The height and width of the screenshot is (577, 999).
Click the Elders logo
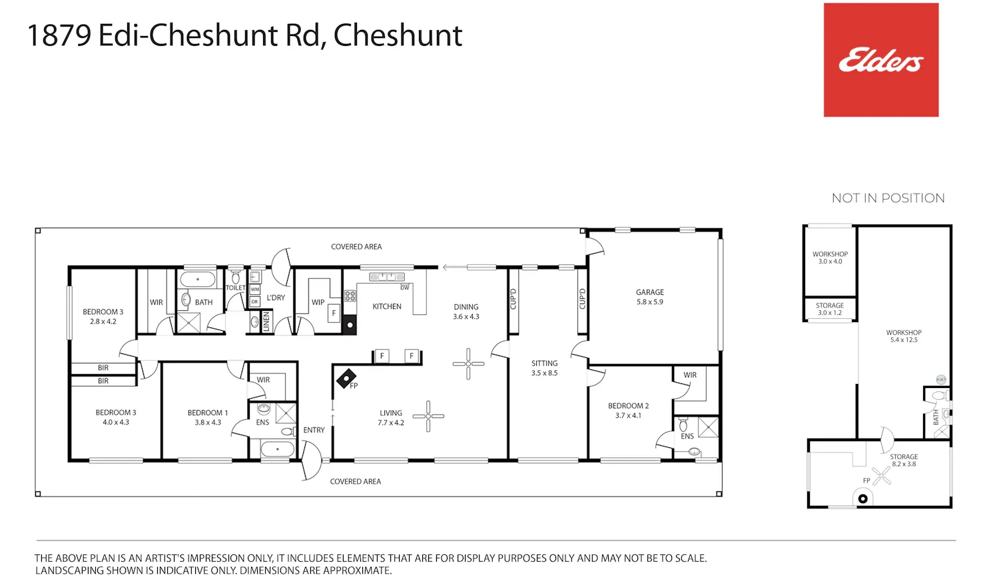click(x=881, y=60)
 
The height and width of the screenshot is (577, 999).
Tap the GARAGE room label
click(x=650, y=292)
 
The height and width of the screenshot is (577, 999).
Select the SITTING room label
click(x=545, y=363)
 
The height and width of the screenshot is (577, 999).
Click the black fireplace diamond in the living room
click(x=346, y=378)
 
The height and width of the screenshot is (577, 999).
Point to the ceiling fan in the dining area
click(x=468, y=364)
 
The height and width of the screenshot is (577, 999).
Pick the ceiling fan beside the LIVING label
click(x=428, y=416)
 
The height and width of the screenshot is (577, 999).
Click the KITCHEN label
click(x=387, y=307)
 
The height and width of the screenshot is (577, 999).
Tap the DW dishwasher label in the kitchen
click(x=404, y=288)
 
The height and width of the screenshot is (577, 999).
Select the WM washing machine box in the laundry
click(x=254, y=289)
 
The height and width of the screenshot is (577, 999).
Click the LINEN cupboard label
click(x=266, y=321)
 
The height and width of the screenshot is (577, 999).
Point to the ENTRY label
click(x=314, y=430)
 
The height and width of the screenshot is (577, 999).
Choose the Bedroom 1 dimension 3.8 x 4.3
click(x=208, y=423)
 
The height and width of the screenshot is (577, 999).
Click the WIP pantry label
click(x=318, y=303)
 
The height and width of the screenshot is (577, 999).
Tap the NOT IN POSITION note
click(x=888, y=198)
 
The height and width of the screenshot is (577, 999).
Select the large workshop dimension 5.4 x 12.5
click(x=904, y=340)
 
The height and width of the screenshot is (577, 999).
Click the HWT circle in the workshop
click(x=941, y=379)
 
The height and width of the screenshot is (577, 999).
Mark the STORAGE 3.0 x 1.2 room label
click(x=830, y=309)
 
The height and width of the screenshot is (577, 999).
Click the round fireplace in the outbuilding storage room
click(x=863, y=498)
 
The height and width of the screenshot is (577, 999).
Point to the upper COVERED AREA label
click(x=356, y=247)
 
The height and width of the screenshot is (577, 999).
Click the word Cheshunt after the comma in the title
click(x=398, y=36)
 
